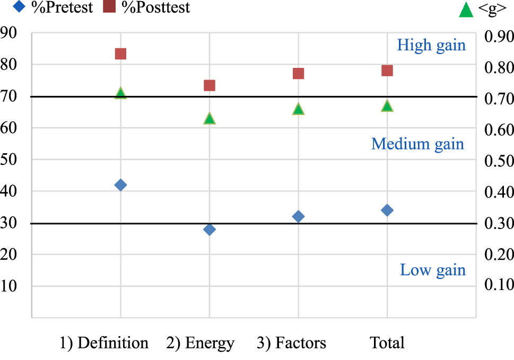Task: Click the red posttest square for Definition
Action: (x=120, y=54)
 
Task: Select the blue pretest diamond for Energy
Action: (x=210, y=229)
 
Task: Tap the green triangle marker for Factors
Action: (x=298, y=109)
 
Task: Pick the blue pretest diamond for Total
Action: (x=387, y=210)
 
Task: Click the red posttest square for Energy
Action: (x=210, y=85)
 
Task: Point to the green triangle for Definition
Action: (x=120, y=93)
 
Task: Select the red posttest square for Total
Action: (x=387, y=71)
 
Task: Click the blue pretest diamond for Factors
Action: (x=298, y=216)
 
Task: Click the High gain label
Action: (x=431, y=45)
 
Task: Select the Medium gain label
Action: (x=417, y=144)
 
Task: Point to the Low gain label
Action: (x=432, y=270)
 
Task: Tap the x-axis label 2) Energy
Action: (x=201, y=343)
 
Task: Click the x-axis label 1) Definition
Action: (x=103, y=343)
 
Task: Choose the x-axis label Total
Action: (x=387, y=343)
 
